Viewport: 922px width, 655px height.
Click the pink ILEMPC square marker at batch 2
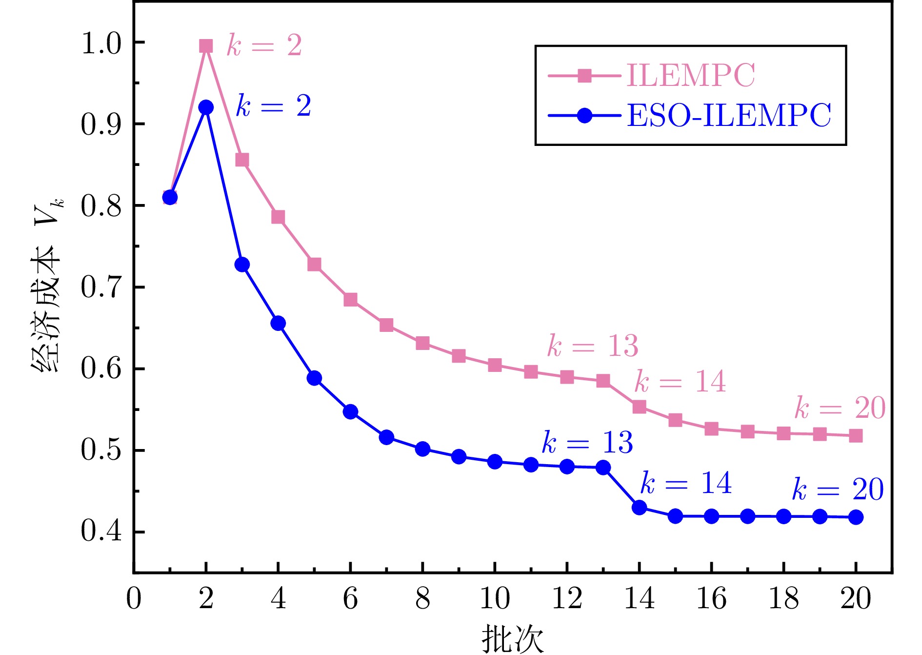coord(206,46)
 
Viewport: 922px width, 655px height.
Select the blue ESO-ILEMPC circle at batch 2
coord(206,107)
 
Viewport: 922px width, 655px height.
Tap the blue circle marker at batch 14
coord(639,508)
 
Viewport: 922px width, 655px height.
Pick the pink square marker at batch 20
coord(856,436)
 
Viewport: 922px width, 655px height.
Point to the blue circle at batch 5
coord(314,378)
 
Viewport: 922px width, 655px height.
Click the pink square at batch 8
coord(422,343)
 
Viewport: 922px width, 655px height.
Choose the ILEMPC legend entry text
coord(690,75)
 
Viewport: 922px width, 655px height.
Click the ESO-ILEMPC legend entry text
coord(729,116)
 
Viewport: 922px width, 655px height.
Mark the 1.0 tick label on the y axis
coord(101,43)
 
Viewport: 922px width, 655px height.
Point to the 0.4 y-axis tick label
coord(101,531)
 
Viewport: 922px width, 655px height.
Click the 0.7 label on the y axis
coord(101,287)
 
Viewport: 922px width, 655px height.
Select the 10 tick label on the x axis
coord(495,598)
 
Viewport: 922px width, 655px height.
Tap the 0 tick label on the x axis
coord(134,598)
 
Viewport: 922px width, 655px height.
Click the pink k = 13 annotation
coord(593,346)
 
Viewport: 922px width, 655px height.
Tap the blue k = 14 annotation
coord(686,483)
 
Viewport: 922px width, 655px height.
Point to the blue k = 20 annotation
coord(838,489)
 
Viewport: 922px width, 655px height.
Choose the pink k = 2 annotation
coord(264,46)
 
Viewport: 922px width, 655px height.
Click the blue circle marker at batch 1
coord(170,197)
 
